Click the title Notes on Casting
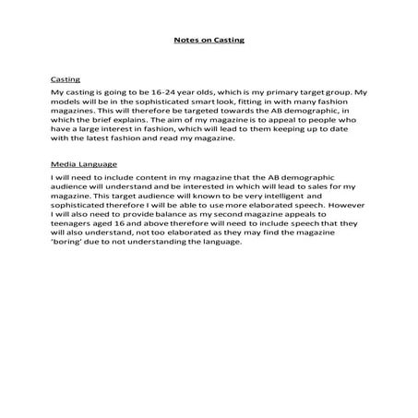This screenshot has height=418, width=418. (x=209, y=41)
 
